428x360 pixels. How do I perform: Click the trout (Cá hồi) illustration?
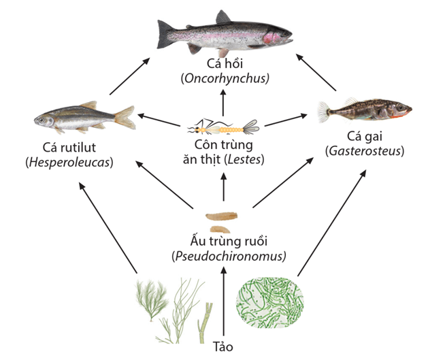[x=225, y=34]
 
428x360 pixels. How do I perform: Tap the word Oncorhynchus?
[x=225, y=79]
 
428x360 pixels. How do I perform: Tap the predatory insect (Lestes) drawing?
[x=223, y=127]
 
